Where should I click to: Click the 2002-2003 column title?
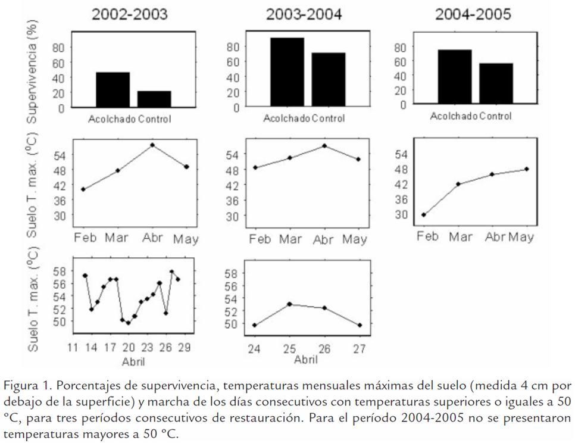(x=129, y=15)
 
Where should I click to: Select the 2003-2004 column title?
(x=304, y=15)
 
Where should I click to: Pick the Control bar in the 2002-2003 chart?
(x=154, y=99)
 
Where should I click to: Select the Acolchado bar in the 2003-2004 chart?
(x=287, y=72)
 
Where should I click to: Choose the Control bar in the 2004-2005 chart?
(x=496, y=83)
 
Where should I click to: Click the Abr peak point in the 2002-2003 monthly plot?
(x=152, y=145)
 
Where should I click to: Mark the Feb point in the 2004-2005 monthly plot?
(x=424, y=214)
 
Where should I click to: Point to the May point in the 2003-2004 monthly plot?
(x=358, y=159)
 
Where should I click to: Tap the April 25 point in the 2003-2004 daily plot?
(x=289, y=304)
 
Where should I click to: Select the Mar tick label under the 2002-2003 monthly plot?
(x=117, y=239)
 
